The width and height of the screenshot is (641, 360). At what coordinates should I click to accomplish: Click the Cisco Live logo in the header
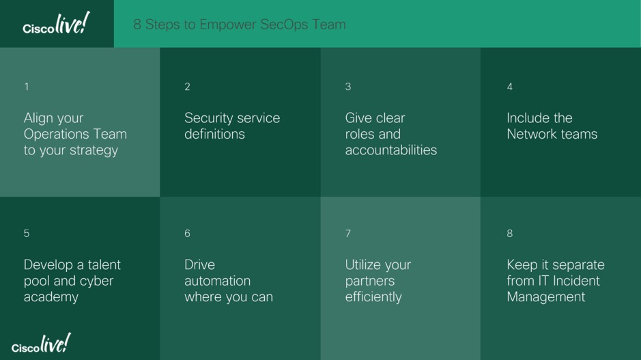[56, 23]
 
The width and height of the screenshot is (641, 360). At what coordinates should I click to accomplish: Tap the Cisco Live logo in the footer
[41, 343]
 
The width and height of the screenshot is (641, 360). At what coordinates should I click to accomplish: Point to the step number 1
[27, 87]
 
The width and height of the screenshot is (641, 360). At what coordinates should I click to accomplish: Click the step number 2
[187, 87]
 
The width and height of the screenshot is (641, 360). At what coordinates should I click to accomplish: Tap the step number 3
[348, 87]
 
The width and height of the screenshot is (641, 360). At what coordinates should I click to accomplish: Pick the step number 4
[510, 87]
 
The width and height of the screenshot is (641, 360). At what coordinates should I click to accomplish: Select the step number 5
[27, 234]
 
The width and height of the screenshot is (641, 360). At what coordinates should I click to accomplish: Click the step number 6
[187, 234]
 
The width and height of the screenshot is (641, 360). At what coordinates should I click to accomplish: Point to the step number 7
[348, 234]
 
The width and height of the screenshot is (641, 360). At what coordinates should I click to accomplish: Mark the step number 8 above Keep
[510, 234]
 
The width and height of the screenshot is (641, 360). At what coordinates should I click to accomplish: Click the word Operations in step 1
[57, 135]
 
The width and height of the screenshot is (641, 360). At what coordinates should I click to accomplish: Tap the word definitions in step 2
[214, 134]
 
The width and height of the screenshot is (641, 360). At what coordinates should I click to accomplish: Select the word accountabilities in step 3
[391, 150]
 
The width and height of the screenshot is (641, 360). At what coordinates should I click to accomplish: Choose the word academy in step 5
[51, 297]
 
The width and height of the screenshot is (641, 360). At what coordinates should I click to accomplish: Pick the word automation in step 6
[218, 281]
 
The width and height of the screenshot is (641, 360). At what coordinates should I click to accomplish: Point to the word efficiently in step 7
[373, 297]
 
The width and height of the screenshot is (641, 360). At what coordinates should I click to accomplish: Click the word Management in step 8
[546, 297]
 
